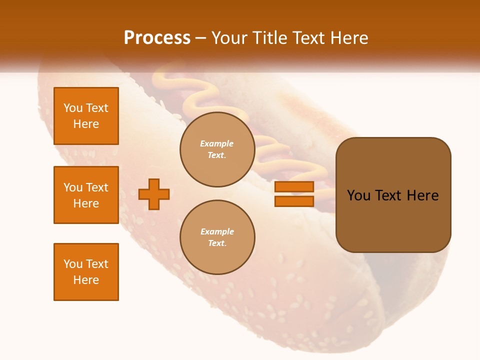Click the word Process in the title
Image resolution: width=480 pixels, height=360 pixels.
[x=157, y=37]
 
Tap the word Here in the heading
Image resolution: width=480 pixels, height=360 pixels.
[x=349, y=37]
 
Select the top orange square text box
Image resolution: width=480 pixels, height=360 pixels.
[x=86, y=116]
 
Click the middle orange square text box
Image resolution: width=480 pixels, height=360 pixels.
[x=86, y=195]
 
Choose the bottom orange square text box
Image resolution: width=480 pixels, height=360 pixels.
[x=86, y=271]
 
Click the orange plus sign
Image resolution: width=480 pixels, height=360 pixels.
[x=154, y=194]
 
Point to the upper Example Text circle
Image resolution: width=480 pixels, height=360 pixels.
[x=217, y=149]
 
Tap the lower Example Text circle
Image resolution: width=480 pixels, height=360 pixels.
[x=217, y=237]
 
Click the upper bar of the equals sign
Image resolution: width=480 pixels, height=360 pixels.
[x=294, y=186]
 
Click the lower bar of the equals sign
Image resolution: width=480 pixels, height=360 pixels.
[x=294, y=201]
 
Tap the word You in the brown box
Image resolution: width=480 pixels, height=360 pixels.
[x=359, y=195]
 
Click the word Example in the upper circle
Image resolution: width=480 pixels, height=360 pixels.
[x=217, y=143]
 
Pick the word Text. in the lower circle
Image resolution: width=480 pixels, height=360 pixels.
[x=217, y=243]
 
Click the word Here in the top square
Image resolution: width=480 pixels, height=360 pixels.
[x=86, y=124]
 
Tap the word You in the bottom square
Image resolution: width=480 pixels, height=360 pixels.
[x=73, y=264]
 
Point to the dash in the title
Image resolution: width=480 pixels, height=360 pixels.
[x=201, y=38]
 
